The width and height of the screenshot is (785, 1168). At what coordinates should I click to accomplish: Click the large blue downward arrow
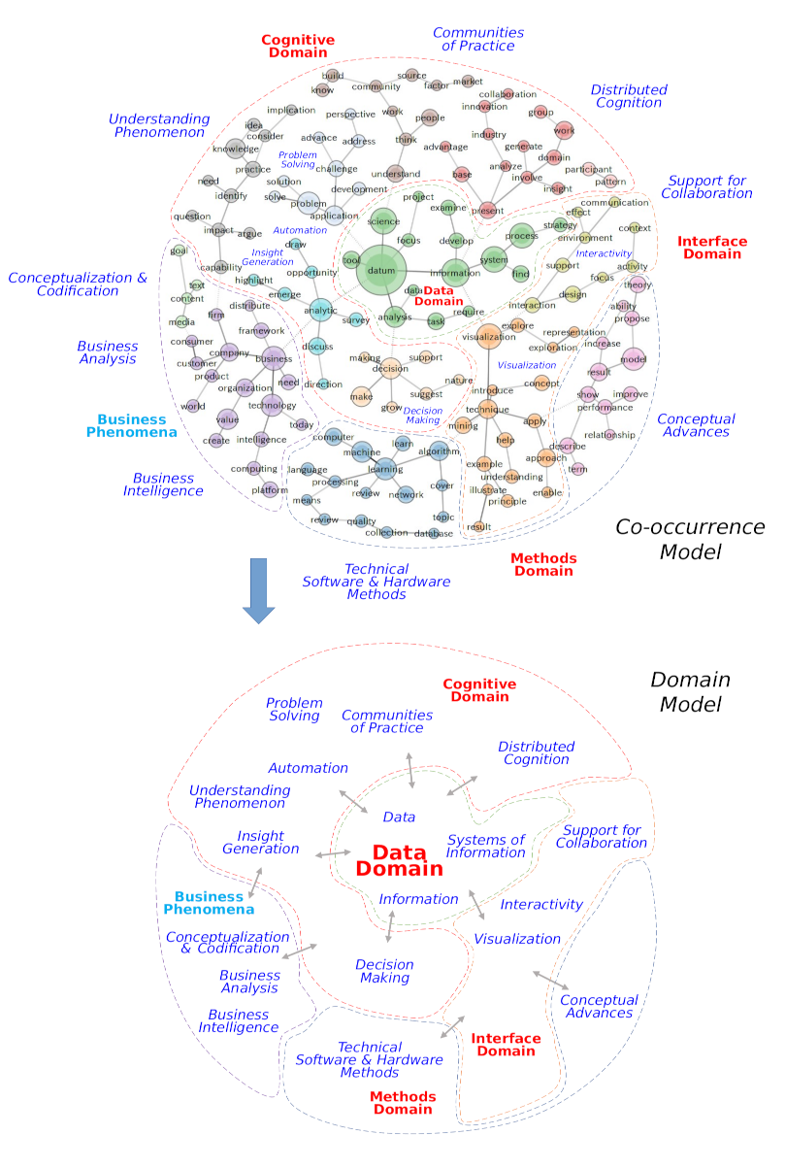coord(258,586)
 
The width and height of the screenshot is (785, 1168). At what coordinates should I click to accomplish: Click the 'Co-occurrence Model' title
coord(690,540)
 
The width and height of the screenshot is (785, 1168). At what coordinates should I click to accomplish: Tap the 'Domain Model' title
coord(690,691)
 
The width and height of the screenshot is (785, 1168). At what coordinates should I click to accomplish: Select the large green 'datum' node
coord(381,271)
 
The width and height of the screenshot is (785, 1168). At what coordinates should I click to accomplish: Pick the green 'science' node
coord(383,222)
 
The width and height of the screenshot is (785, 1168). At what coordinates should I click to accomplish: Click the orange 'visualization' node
coord(489,337)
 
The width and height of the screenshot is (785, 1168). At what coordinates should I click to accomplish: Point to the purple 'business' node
coord(274,359)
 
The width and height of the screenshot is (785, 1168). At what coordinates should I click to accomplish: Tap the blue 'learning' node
coord(385,469)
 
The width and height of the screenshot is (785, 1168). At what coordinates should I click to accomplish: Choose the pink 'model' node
coord(633,359)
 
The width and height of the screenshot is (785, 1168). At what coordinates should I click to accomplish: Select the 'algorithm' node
coord(439,451)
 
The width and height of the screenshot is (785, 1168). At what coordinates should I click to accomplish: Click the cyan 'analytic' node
coord(320,311)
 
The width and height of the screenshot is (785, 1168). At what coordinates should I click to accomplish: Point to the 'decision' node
coord(390,368)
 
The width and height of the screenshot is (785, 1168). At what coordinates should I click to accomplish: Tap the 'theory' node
coord(638,285)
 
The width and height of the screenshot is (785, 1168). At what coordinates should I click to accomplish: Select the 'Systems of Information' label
coord(485,846)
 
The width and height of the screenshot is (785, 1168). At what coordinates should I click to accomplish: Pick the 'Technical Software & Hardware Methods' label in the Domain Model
coord(369,1059)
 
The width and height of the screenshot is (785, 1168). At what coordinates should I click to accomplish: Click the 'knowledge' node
coord(235,150)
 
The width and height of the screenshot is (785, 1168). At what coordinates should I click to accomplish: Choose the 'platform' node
coord(270,490)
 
